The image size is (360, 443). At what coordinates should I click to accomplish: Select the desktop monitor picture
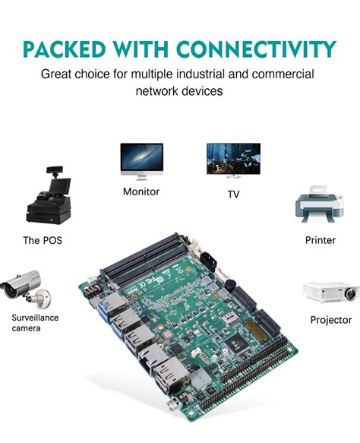(141, 160)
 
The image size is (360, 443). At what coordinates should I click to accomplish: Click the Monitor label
(141, 191)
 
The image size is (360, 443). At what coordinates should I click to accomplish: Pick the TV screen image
(233, 160)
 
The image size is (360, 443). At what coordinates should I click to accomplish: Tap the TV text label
(233, 194)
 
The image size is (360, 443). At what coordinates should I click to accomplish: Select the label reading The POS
(43, 240)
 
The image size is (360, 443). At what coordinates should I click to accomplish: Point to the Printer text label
(321, 240)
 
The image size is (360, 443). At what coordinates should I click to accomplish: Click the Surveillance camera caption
(34, 322)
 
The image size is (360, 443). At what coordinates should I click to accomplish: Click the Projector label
(331, 320)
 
